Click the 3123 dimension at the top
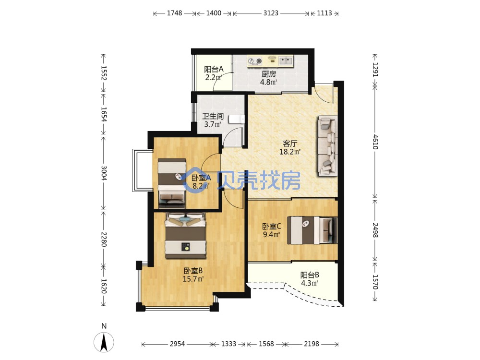271,13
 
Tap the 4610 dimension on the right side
375,142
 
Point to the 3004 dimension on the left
104,173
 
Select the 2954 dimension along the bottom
177,344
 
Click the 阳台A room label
214,69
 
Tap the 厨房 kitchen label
268,74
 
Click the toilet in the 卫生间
237,119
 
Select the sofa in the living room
327,146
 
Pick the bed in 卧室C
312,230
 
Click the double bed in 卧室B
185,235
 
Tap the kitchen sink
286,60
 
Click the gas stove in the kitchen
255,61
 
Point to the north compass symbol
104,339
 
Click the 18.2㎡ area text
289,152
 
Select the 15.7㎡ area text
193,279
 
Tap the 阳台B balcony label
310,275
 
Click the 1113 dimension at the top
324,13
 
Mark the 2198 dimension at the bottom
312,344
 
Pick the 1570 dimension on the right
375,282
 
